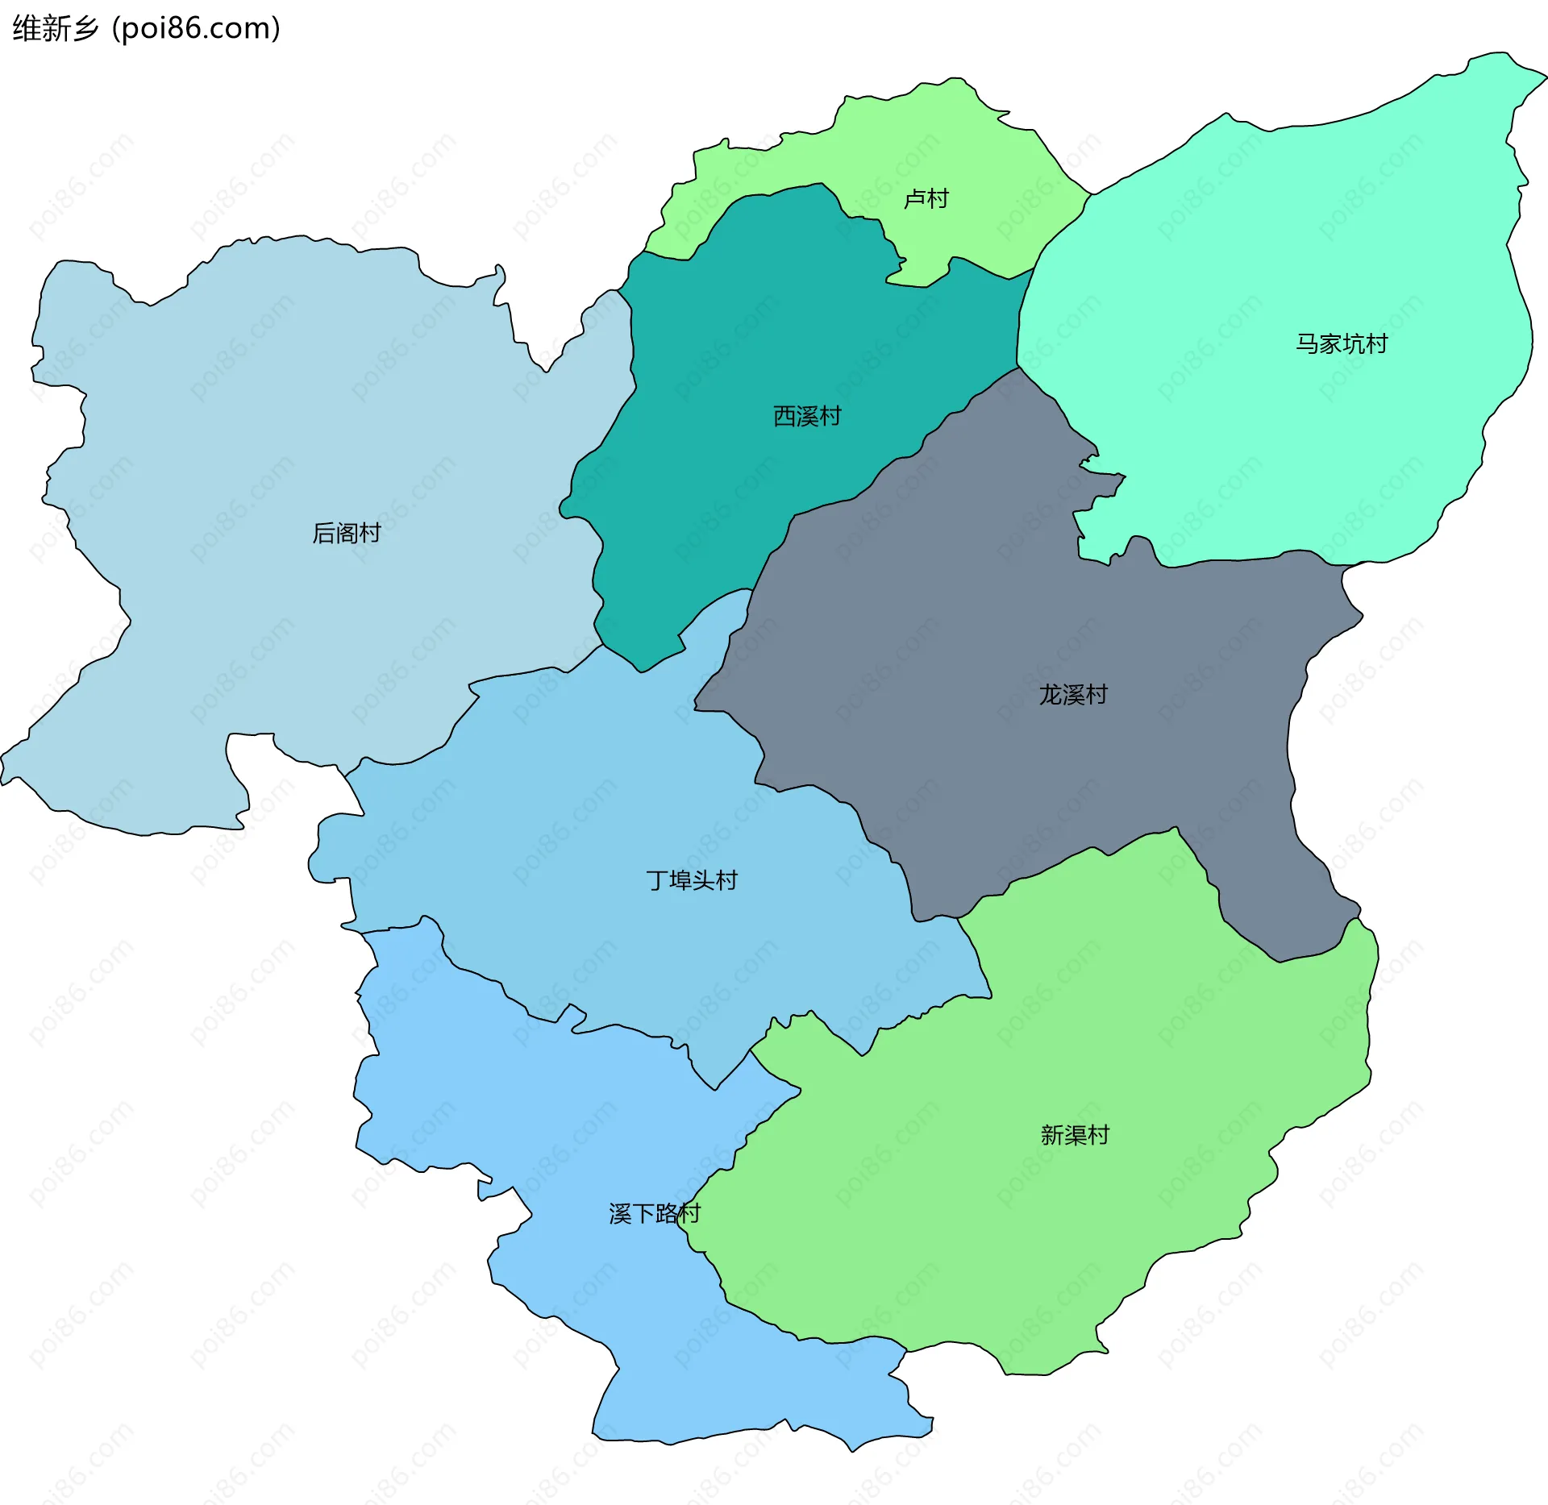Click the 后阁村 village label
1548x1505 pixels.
click(346, 533)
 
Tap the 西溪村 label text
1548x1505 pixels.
click(807, 416)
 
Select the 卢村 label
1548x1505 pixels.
click(926, 198)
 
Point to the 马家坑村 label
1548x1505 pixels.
click(1342, 344)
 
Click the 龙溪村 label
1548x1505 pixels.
click(1073, 694)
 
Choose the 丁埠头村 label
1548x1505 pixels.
click(692, 880)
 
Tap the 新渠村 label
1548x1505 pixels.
click(1075, 1135)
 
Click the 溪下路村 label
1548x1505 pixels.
click(655, 1213)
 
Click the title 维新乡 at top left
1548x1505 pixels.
click(56, 28)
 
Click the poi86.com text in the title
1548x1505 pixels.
click(196, 28)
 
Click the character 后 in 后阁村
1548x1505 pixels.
click(323, 533)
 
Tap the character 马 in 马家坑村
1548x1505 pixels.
click(1307, 344)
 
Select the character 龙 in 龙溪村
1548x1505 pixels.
click(1051, 694)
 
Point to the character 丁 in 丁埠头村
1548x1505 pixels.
click(657, 880)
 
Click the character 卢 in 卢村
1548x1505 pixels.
click(914, 198)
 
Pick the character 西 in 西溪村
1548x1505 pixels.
click(784, 416)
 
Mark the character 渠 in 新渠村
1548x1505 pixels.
click(1076, 1135)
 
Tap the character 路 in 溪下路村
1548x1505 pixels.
click(666, 1213)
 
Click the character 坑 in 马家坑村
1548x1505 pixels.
click(1354, 344)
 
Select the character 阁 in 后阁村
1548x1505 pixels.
click(347, 533)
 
